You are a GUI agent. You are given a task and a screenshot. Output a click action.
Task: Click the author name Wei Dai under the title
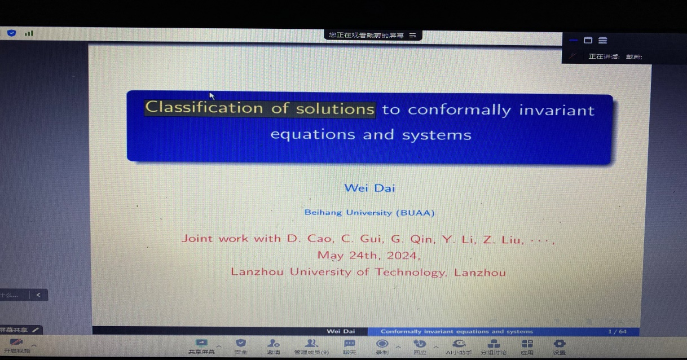(x=369, y=188)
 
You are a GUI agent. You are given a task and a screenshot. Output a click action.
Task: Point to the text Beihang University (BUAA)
(x=369, y=213)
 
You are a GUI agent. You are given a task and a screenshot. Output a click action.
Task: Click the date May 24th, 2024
(x=368, y=255)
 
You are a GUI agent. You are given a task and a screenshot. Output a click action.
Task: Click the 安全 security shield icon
(x=241, y=343)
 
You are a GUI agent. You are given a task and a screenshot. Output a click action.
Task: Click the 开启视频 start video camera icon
(x=16, y=343)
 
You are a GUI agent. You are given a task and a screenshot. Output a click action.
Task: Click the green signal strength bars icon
(x=29, y=33)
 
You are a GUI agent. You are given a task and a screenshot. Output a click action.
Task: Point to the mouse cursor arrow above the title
(x=212, y=96)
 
